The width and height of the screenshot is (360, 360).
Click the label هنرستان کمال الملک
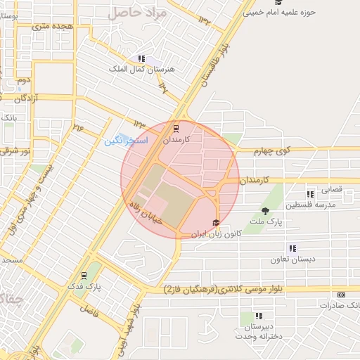click(137, 70)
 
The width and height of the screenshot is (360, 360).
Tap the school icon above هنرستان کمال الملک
click(141, 59)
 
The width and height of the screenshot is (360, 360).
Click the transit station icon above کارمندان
click(175, 129)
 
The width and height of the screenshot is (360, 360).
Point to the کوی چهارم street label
click(274, 150)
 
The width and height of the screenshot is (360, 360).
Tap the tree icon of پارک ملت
click(265, 211)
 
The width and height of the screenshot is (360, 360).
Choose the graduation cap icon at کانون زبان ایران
click(215, 222)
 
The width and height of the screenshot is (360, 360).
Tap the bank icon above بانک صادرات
click(342, 295)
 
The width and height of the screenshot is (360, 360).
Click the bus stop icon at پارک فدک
click(84, 276)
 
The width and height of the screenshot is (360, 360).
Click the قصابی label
click(333, 190)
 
